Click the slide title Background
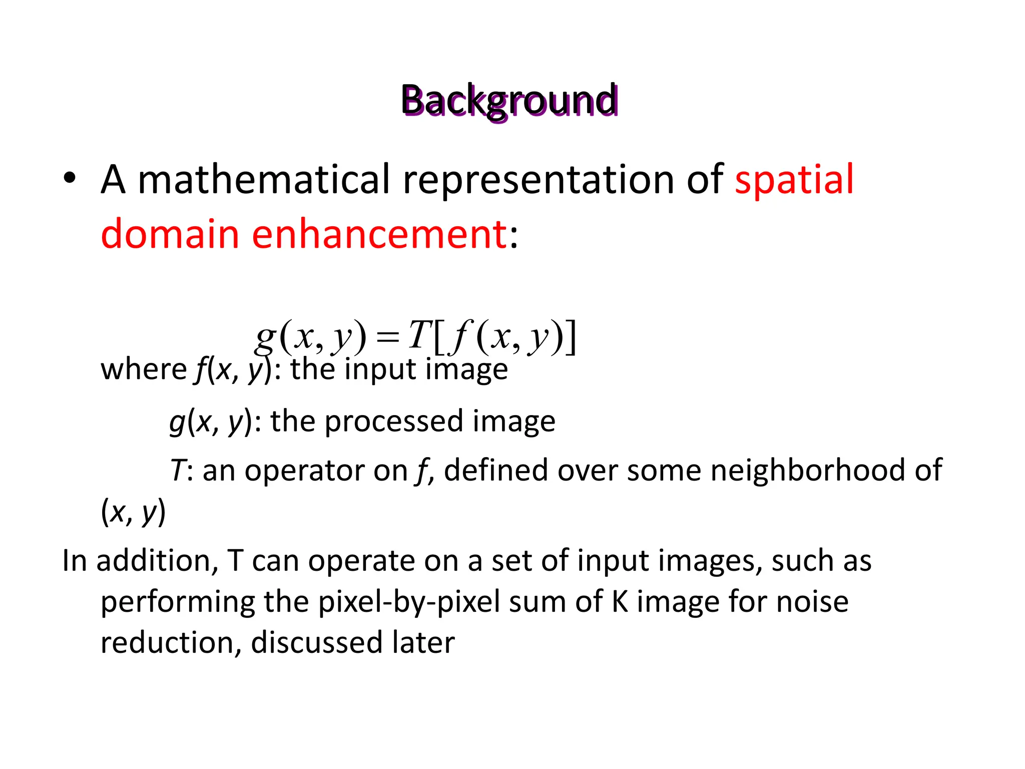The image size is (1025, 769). point(509,101)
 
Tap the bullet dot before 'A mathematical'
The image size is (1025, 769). point(70,179)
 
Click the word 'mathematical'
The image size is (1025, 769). point(263,180)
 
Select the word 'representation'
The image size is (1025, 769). point(538,180)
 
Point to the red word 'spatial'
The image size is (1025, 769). point(794,180)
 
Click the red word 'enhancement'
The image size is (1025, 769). point(379,234)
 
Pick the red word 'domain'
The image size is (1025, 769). point(170,234)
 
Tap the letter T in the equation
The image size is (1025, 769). point(419,334)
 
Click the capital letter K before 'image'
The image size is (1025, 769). point(620,602)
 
